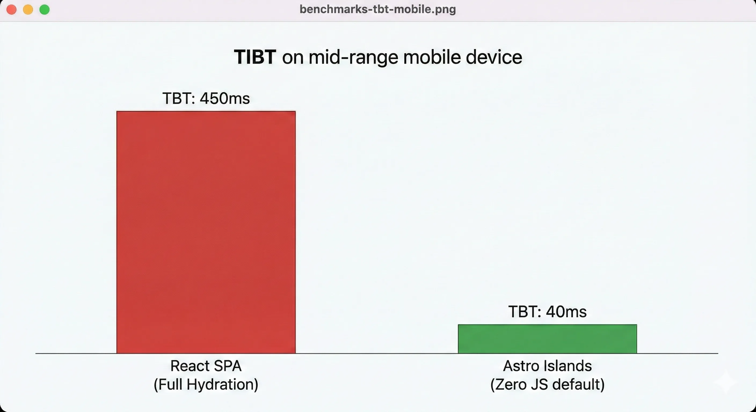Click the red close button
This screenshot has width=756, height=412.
pos(12,10)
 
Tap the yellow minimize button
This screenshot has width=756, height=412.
pos(28,10)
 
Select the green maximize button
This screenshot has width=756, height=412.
pos(45,10)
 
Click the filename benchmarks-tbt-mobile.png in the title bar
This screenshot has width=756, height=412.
pos(378,9)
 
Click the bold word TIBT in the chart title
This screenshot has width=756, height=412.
pos(255,57)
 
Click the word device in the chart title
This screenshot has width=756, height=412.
pos(494,57)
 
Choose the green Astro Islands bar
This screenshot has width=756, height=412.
pos(547,339)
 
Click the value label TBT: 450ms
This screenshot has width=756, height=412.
pos(206,98)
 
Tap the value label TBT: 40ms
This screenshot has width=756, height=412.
pos(547,311)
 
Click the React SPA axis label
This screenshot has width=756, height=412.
pos(206,366)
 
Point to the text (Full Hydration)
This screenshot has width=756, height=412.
pos(206,384)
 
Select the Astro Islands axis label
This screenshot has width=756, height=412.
pos(547,366)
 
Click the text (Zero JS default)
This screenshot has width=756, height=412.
pos(547,384)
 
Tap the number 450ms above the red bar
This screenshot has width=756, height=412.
pos(225,98)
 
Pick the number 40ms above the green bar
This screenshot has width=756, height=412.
pos(566,311)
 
